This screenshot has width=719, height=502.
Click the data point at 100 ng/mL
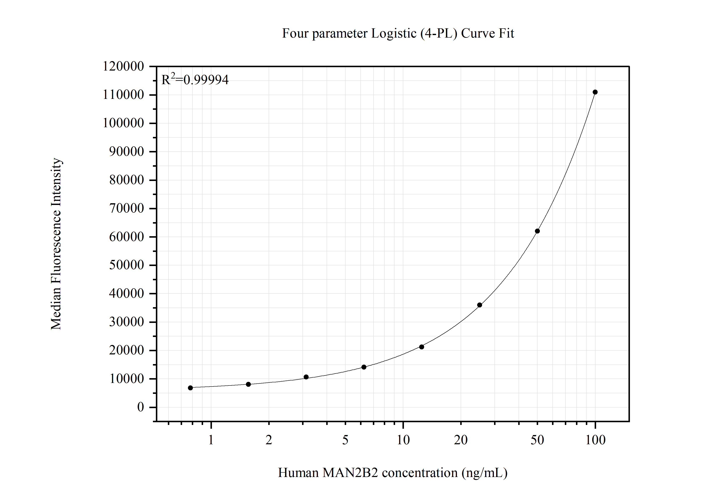tap(595, 92)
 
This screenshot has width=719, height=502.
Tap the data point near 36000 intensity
tap(479, 305)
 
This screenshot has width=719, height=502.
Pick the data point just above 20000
tap(422, 347)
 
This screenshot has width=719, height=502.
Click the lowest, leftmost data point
tap(190, 388)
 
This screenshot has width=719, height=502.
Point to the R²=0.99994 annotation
tap(195, 80)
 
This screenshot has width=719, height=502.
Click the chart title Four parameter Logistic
tap(398, 33)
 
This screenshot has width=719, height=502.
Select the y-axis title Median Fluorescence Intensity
tap(56, 244)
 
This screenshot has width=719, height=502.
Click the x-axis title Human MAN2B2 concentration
tap(392, 473)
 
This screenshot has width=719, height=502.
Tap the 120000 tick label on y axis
tap(123, 66)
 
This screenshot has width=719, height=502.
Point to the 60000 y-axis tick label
tap(126, 237)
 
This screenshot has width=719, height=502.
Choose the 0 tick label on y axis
tap(141, 407)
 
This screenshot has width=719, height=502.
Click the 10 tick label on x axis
tap(403, 440)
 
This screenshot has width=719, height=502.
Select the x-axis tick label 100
tap(595, 440)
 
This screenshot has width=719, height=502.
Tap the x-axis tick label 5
tap(345, 440)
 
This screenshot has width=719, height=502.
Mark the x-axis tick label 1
tap(211, 440)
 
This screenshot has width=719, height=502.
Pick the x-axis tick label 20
tap(461, 440)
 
